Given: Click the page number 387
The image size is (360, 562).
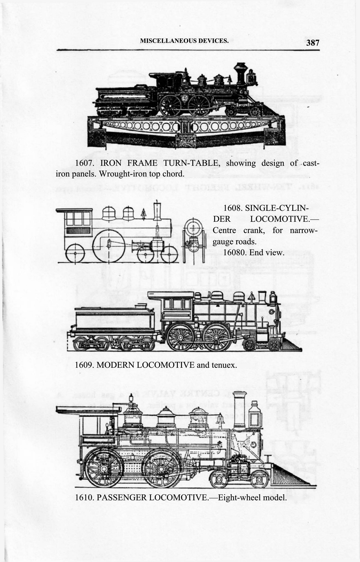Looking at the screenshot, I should (313, 43).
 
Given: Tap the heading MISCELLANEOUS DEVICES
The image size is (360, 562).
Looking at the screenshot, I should (184, 41).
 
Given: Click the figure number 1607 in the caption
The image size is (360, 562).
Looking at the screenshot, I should (85, 163).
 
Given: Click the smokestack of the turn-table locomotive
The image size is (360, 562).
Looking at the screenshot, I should (241, 72).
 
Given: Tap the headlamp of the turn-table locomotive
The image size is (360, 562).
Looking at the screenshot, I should (251, 77).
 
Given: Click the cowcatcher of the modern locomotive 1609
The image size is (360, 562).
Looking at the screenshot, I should (291, 345).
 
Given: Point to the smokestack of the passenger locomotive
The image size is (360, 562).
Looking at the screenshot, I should (240, 409).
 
